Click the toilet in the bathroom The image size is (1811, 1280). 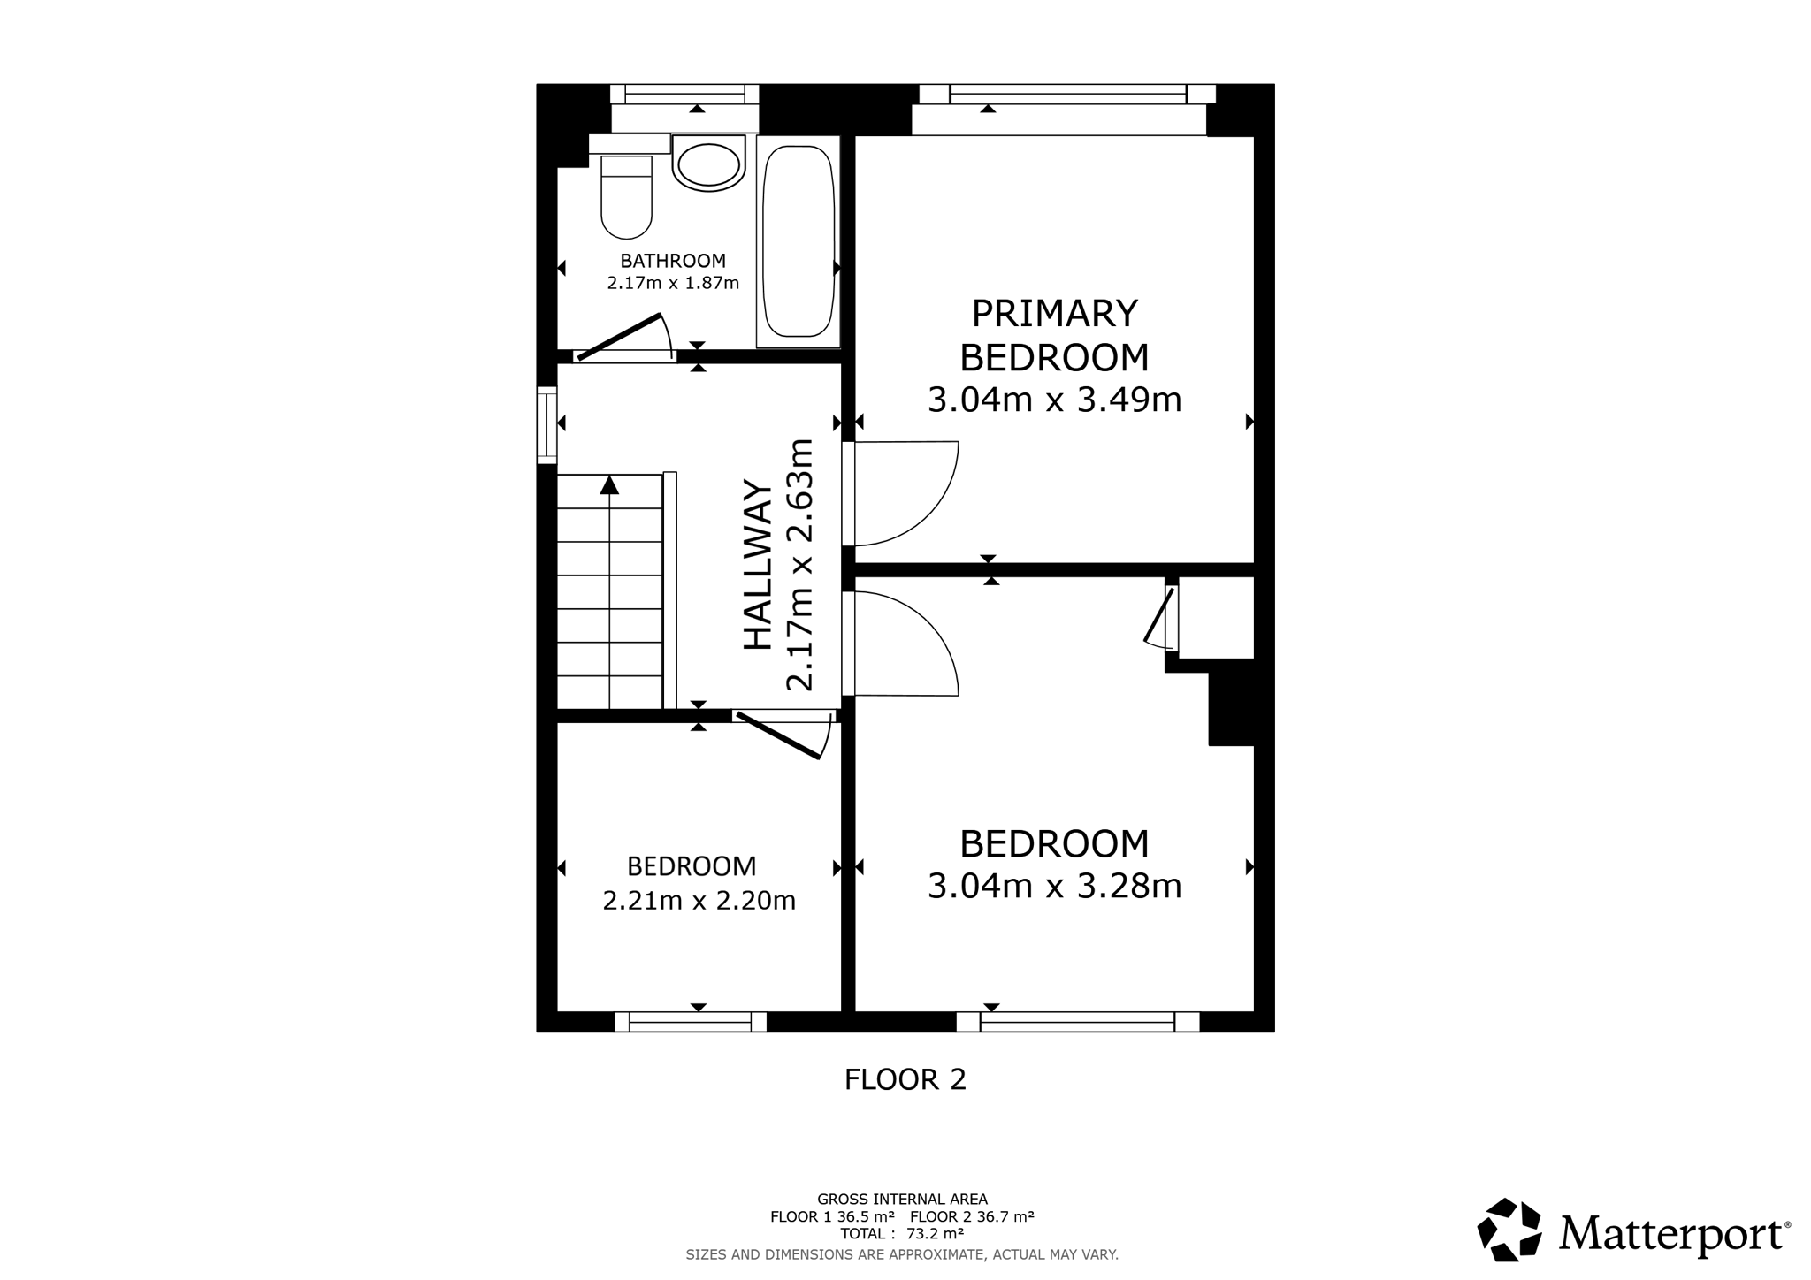click(626, 197)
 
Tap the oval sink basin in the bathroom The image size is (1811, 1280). click(707, 164)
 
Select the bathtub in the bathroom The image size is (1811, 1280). click(798, 241)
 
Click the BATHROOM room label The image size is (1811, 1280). click(673, 261)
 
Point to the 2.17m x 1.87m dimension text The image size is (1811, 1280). click(673, 284)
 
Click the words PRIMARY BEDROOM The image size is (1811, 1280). click(1054, 335)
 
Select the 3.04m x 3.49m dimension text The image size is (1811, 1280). click(1054, 400)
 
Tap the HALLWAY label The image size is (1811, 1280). click(758, 564)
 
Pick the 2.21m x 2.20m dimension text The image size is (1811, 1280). click(699, 901)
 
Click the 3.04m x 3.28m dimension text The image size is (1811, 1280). click(1054, 886)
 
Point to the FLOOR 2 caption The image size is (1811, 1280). click(905, 1079)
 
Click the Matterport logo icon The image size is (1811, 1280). click(1509, 1230)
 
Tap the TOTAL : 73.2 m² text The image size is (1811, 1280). click(902, 1233)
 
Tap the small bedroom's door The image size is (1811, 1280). click(778, 735)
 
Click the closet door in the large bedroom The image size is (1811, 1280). click(1159, 615)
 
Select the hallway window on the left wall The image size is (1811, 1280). click(547, 425)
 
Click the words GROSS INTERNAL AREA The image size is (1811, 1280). click(902, 1200)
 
